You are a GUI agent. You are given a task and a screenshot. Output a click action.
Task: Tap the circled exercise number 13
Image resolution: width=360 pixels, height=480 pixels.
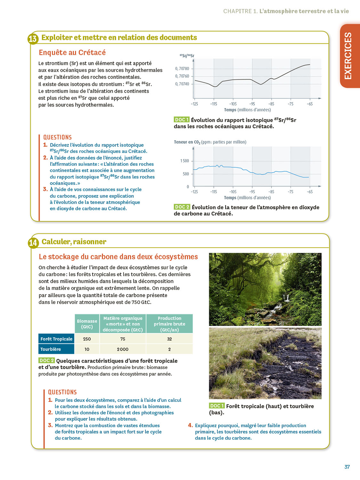coord(33,39)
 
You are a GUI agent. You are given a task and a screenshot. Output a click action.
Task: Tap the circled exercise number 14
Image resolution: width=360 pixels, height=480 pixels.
coord(33,243)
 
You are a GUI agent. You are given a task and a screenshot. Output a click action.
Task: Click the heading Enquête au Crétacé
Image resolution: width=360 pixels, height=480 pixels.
coord(72,52)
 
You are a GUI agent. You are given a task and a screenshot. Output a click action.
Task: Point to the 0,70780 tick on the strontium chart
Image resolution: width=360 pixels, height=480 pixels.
coord(182,68)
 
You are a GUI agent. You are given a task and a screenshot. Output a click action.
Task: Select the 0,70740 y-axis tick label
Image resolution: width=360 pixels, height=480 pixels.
coord(182,84)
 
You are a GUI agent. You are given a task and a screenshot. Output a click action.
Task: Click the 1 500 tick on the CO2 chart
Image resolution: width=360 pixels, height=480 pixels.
coord(185,161)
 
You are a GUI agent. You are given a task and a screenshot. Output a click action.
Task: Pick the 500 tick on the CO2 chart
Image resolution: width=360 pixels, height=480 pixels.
coord(186,174)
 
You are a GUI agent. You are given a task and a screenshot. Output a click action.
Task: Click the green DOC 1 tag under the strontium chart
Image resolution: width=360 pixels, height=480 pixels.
coord(181,120)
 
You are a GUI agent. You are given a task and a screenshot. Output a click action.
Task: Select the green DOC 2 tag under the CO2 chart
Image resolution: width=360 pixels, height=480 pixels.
coord(182,207)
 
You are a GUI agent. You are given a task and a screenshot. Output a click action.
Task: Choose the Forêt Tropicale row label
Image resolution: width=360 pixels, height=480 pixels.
coord(56,339)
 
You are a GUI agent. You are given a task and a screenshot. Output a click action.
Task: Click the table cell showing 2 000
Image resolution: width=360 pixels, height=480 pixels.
coord(123,349)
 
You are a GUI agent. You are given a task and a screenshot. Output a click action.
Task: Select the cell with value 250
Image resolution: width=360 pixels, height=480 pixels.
coord(87,339)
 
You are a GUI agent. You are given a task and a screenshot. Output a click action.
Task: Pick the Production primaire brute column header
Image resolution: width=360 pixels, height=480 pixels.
coord(169,324)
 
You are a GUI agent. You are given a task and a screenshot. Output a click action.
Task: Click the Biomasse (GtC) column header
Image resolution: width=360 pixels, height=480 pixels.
coord(87,324)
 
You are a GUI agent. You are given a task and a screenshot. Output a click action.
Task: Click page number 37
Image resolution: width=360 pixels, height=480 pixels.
coord(347,467)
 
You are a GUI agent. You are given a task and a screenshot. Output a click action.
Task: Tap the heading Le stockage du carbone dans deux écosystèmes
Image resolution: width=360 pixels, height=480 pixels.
coord(118,257)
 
